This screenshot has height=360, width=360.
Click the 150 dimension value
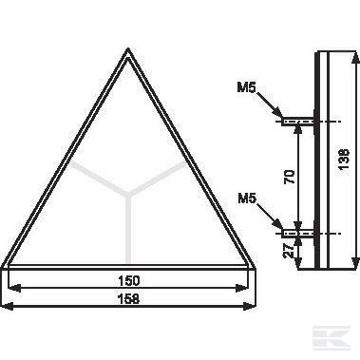click(129, 280)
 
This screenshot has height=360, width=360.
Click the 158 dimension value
click(129, 299)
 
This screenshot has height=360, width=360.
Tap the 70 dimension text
click(290, 178)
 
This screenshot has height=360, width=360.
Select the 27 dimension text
click(290, 251)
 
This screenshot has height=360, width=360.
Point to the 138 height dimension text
click(344, 160)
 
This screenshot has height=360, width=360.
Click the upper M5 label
click(246, 87)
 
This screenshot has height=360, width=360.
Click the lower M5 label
click(247, 199)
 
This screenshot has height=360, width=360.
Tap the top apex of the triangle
click(128, 48)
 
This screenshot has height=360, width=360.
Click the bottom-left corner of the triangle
click(2, 268)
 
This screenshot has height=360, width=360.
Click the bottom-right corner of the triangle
click(256, 268)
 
